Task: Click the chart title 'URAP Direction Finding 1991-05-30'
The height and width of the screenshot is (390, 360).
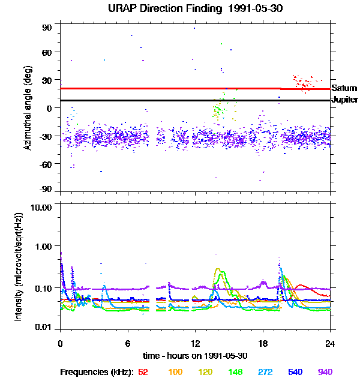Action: pos(196,8)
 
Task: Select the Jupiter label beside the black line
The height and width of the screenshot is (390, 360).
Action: pos(345,100)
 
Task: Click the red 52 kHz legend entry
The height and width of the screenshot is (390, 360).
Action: pos(143,372)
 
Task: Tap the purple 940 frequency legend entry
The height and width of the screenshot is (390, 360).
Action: pos(325,372)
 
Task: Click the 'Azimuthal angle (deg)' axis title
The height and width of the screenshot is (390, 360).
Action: pos(28,108)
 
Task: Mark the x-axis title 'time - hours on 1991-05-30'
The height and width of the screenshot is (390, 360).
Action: pos(196,355)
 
